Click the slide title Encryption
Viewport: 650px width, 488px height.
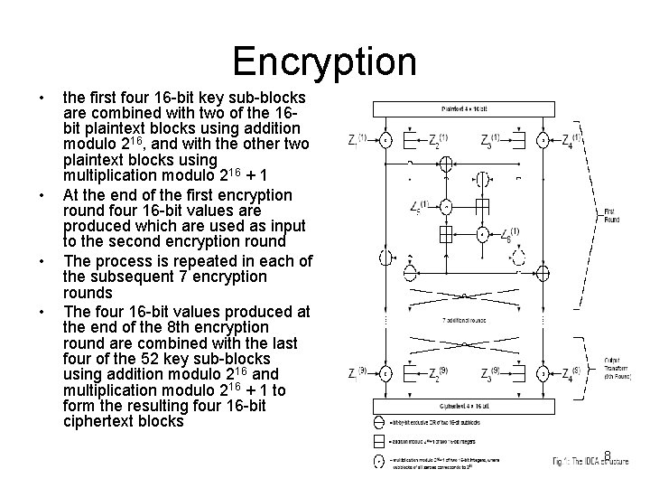[324, 61]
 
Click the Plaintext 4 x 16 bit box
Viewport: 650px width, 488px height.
[465, 108]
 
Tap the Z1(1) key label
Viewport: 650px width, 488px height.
[357, 140]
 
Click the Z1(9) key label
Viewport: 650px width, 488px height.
[357, 372]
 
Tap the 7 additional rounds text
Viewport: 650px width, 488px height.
[465, 321]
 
